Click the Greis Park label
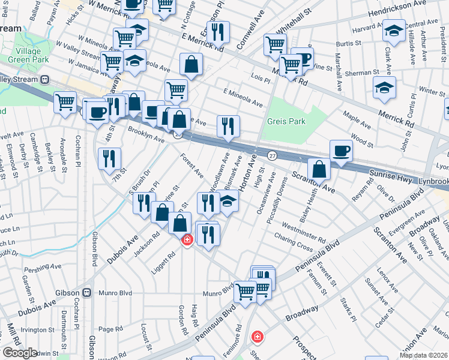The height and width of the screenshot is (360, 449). (x=286, y=121)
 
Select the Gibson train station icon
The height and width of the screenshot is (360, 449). (x=86, y=293)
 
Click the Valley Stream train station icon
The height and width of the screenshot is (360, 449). (x=44, y=80)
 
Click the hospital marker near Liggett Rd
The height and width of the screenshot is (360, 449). (x=187, y=240)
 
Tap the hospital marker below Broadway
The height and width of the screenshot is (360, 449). (x=258, y=337)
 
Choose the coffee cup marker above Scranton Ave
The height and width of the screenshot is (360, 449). (x=341, y=151)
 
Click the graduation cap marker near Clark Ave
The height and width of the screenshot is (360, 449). (x=394, y=31)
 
